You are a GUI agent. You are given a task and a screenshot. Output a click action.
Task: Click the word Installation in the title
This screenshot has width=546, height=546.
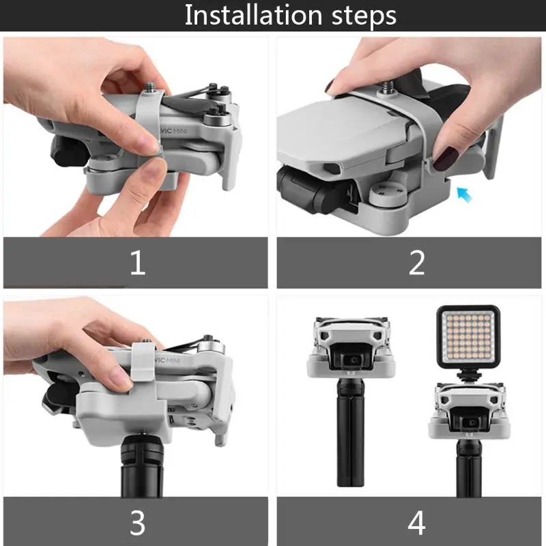pyautogui.click(x=253, y=15)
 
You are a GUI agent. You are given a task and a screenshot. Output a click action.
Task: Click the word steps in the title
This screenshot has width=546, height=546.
pyautogui.click(x=364, y=16)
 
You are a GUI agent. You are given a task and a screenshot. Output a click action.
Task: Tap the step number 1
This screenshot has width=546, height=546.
pyautogui.click(x=138, y=263)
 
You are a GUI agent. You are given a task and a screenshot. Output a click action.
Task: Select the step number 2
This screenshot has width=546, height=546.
pyautogui.click(x=416, y=263)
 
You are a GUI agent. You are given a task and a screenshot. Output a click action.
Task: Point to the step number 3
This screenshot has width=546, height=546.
pyautogui.click(x=138, y=523)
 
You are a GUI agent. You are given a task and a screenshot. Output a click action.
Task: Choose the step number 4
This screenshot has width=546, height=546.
pyautogui.click(x=416, y=523)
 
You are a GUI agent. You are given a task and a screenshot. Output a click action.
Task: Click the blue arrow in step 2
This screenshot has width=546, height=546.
pyautogui.click(x=464, y=195)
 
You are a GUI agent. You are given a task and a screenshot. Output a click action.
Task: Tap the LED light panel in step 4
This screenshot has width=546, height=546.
pyautogui.click(x=468, y=336)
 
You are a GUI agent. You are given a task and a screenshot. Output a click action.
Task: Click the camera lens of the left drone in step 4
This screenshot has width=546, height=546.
pyautogui.click(x=354, y=360)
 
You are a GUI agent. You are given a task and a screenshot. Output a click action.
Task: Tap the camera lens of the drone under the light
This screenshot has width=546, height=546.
pyautogui.click(x=472, y=422)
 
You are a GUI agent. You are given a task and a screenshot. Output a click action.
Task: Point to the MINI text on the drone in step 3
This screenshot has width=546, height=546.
pyautogui.click(x=173, y=360)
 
